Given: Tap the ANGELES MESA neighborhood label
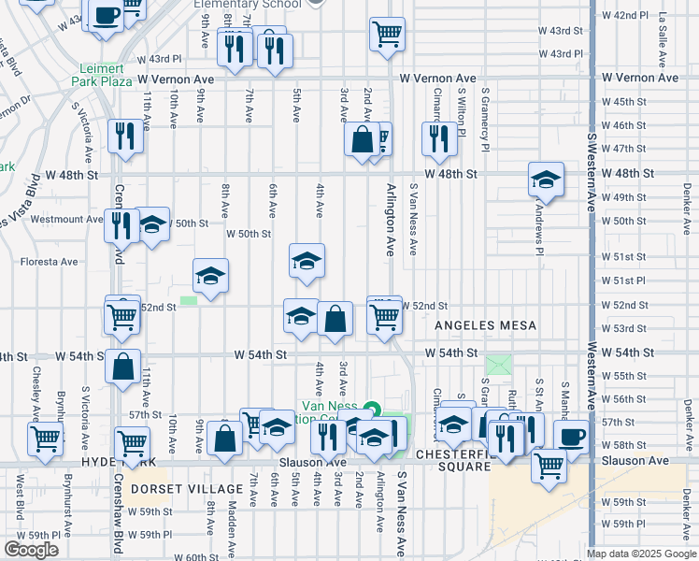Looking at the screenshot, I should coord(485,324).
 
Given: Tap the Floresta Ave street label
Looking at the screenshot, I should coord(49,262).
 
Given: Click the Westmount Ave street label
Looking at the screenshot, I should coord(65,219).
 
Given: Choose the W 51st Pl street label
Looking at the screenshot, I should coord(623,280).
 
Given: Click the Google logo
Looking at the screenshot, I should coord(31,550).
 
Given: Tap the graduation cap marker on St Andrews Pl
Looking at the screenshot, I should coord(546,179).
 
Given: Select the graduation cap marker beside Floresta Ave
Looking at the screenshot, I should coord(211,275).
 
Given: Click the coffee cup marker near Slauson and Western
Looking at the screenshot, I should coord(571,436).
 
